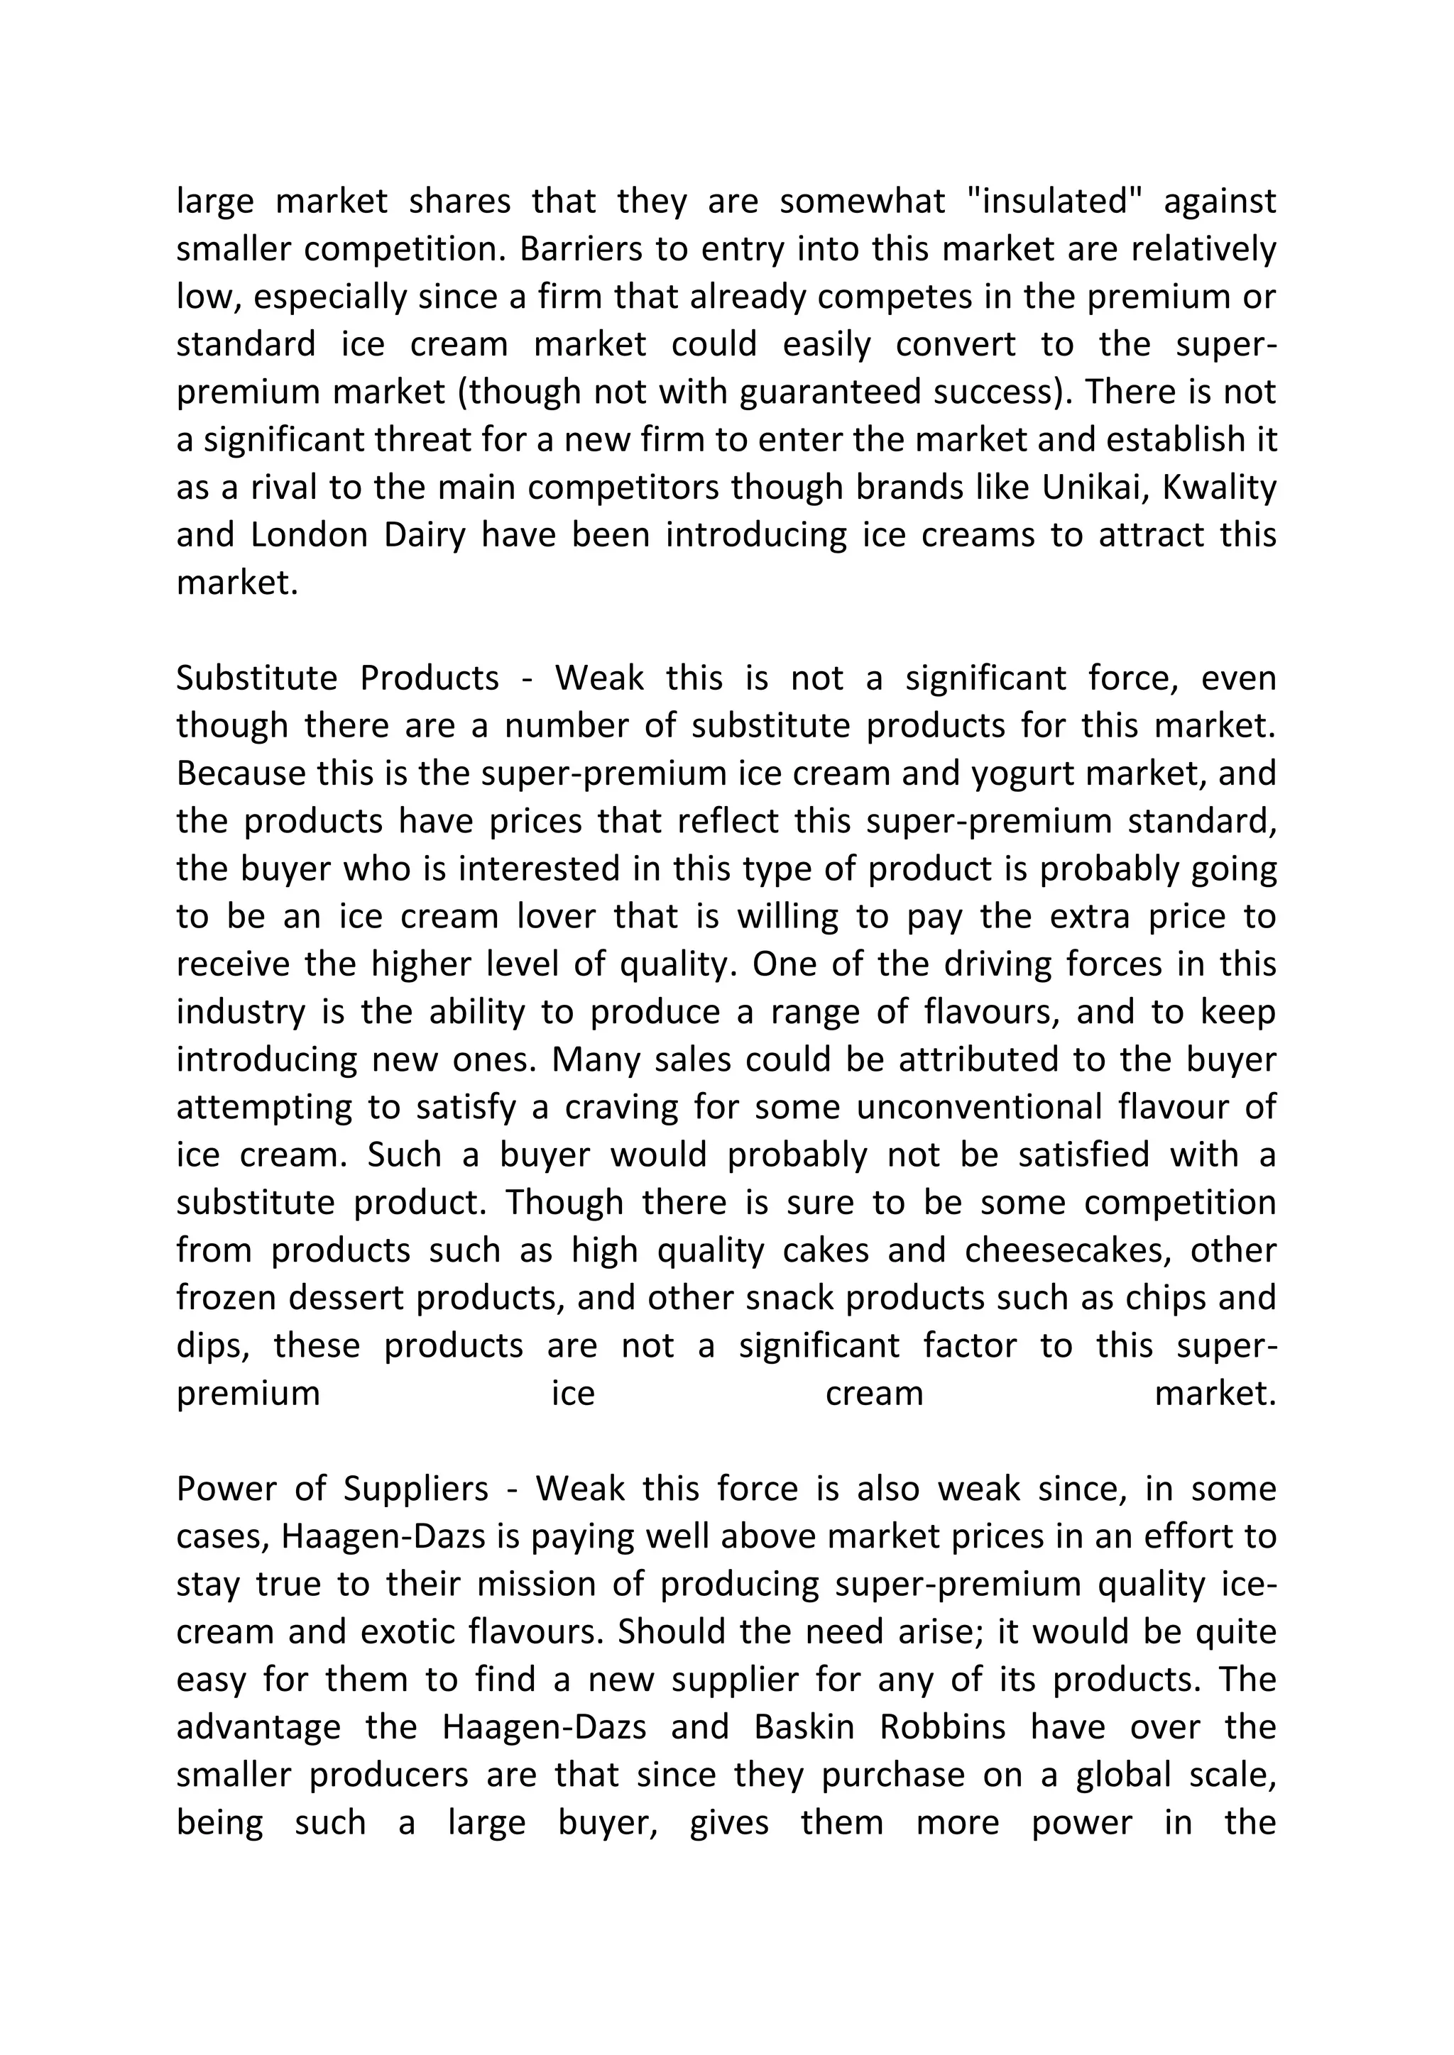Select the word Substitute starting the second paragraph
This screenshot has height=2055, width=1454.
256,678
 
